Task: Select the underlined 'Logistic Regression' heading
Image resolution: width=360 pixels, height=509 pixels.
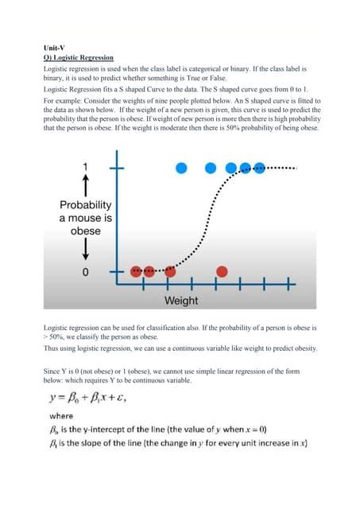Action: click(x=83, y=58)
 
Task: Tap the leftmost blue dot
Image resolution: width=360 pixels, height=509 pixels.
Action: click(x=181, y=168)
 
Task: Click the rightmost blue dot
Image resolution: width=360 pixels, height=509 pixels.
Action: click(x=259, y=168)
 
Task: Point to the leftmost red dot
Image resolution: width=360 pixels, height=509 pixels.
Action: click(x=136, y=271)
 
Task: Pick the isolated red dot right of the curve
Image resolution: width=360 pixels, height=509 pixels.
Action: click(x=223, y=271)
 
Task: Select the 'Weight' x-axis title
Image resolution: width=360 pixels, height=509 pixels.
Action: click(x=181, y=301)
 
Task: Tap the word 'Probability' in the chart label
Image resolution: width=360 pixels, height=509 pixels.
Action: click(x=85, y=204)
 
